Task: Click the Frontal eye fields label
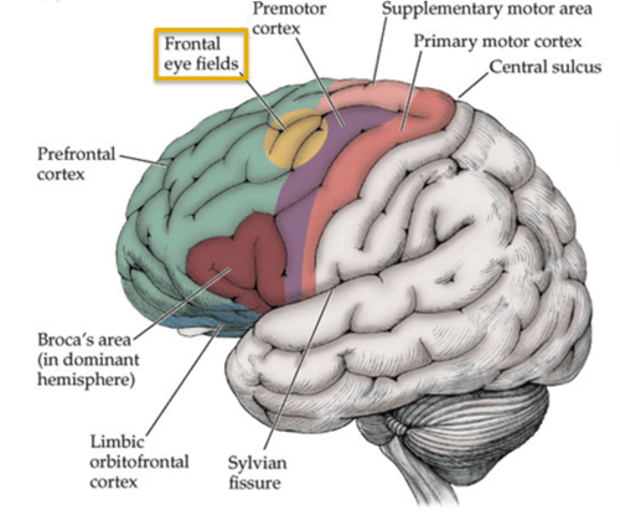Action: pos(201,54)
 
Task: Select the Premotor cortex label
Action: pos(288,19)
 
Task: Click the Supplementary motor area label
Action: pos(487,9)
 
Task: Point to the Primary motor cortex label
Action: pos(497,41)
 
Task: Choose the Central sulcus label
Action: pos(545,67)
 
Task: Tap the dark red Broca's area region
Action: pos(241,263)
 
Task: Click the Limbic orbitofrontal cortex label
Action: pos(139,462)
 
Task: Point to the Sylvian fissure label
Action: pos(257,472)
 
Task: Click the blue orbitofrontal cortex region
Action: pos(202,321)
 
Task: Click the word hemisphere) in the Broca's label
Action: pos(86,380)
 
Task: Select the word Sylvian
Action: pos(257,463)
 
